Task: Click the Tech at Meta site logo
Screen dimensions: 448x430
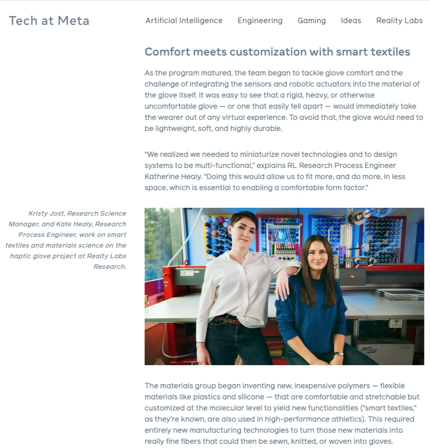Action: click(49, 21)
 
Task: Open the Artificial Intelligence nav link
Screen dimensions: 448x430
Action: click(184, 21)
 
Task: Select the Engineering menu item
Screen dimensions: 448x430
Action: click(260, 21)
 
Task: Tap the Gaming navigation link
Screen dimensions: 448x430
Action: click(312, 21)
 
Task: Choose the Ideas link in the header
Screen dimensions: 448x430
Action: click(351, 21)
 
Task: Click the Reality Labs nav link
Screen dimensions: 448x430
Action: click(399, 21)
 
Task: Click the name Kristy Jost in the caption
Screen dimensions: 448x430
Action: click(46, 213)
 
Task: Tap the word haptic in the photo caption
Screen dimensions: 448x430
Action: click(21, 256)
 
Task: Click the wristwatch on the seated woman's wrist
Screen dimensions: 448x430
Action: click(338, 355)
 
